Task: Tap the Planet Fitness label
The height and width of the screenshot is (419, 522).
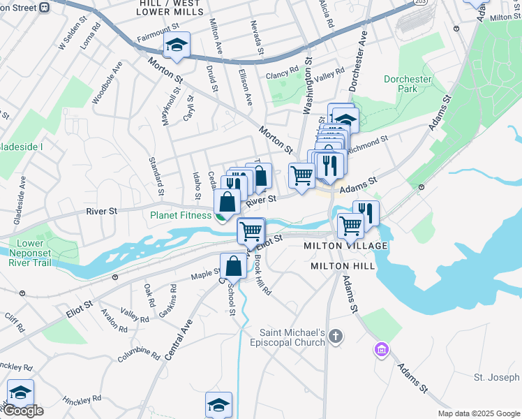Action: [x=181, y=215]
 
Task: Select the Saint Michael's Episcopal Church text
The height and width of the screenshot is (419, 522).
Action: [x=292, y=337]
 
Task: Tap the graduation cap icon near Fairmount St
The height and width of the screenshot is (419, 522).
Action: [x=177, y=46]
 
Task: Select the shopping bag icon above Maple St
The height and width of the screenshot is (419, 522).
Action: [x=233, y=266]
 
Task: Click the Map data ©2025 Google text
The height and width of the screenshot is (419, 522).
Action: [x=478, y=413]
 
